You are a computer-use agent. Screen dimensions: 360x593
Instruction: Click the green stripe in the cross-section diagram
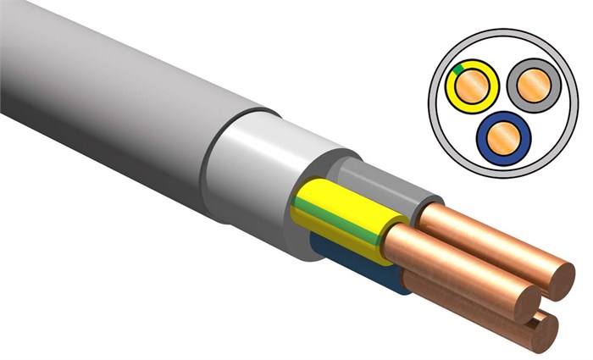[x=457, y=69]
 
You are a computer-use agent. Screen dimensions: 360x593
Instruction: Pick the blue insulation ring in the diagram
[x=486, y=151]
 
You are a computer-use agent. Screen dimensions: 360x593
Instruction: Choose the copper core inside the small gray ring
[x=529, y=85]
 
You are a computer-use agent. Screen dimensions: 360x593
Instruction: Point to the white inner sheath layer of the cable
[x=254, y=169]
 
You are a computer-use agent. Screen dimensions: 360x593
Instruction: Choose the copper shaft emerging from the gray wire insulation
[x=483, y=237]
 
